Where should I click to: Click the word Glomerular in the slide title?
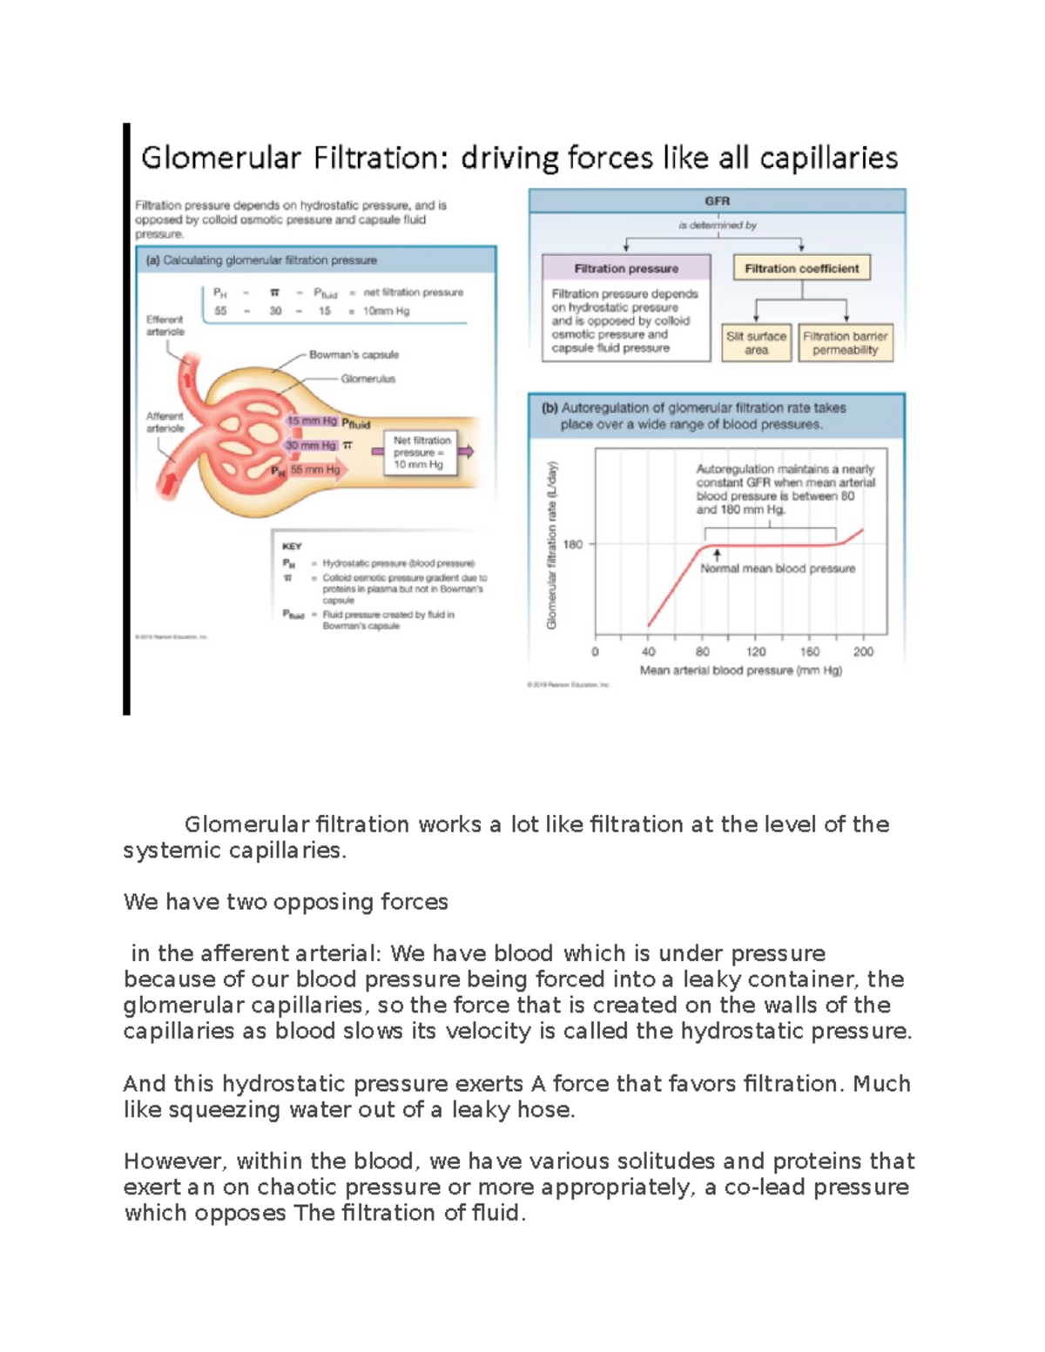[220, 158]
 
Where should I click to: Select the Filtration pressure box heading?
[626, 269]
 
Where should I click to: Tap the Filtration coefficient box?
[801, 269]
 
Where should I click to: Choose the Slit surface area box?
[756, 343]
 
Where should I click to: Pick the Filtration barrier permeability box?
[845, 343]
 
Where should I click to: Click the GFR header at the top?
[718, 201]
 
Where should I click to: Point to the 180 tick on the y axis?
[573, 545]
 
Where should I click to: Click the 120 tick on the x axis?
[756, 651]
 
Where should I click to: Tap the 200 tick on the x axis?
[863, 651]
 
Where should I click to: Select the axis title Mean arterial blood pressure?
[740, 670]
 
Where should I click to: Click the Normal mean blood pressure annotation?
[778, 568]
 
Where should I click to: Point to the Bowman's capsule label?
[354, 355]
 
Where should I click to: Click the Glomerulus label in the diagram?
[367, 379]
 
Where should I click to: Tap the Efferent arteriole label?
[165, 326]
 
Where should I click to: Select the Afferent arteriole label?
[165, 422]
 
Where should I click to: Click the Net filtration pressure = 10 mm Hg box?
[421, 453]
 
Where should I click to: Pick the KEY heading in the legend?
[292, 547]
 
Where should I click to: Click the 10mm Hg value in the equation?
[386, 311]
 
